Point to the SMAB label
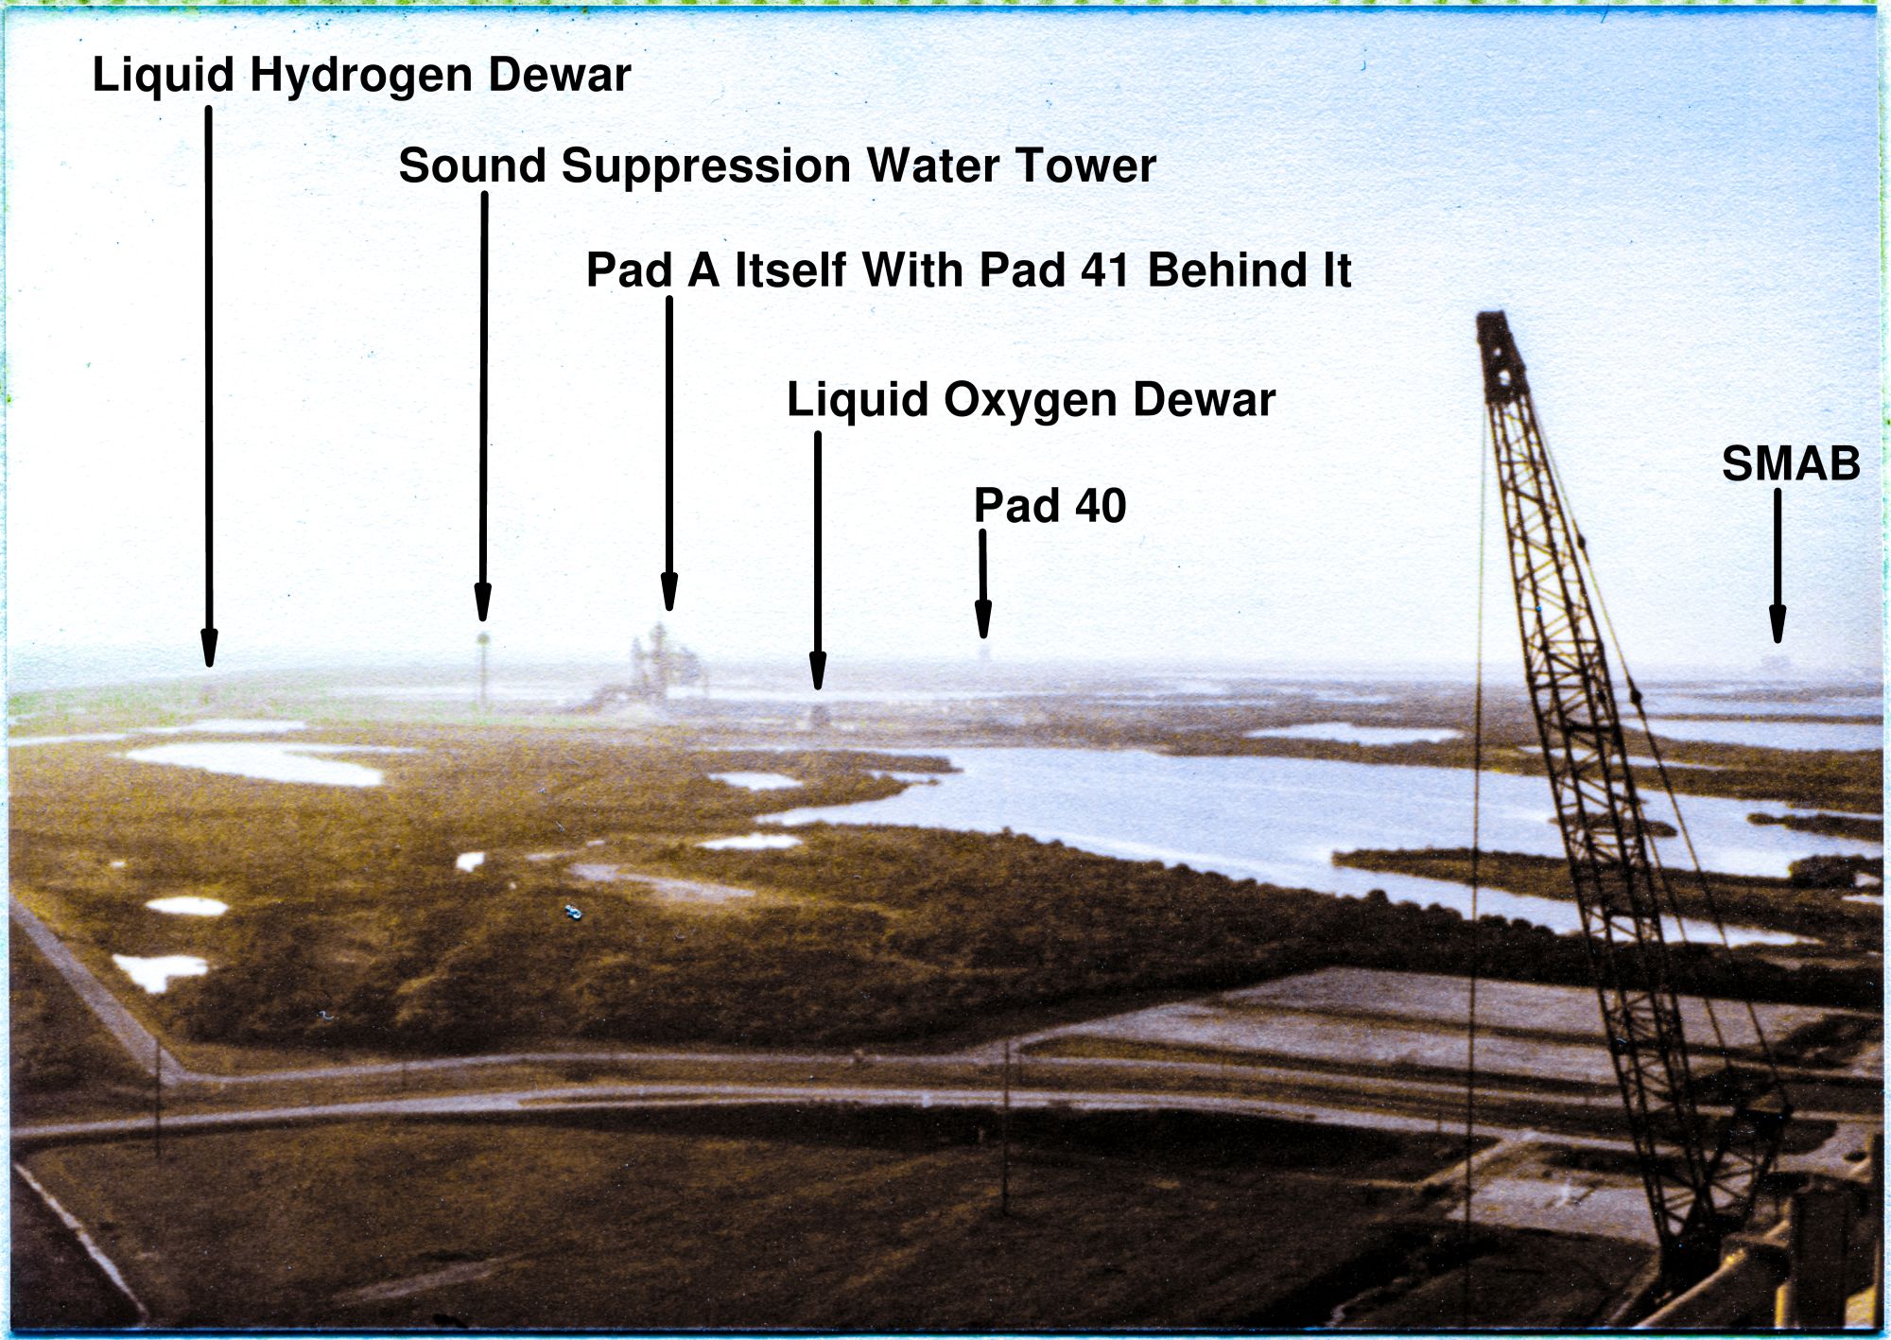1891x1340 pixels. point(1791,464)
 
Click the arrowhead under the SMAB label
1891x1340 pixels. point(1778,624)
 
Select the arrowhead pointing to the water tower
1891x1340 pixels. point(483,602)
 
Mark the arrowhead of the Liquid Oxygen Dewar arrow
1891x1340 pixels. point(818,670)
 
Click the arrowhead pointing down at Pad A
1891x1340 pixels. point(669,592)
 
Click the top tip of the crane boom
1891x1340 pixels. point(1492,315)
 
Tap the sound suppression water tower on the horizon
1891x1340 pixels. point(483,671)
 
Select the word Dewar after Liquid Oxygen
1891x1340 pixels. point(1204,400)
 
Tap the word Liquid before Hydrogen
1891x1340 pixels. point(163,76)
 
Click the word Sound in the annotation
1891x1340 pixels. point(473,166)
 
